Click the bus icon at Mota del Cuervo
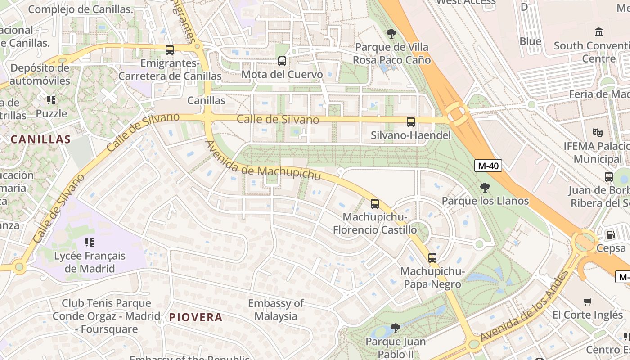click(282, 61)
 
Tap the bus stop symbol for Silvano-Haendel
click(410, 121)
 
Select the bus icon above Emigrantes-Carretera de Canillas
click(169, 50)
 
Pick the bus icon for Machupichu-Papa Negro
click(432, 258)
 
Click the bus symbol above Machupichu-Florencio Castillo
click(374, 204)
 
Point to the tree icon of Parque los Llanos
click(485, 187)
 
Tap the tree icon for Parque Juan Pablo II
click(395, 328)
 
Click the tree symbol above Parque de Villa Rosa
click(391, 33)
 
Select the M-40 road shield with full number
click(488, 166)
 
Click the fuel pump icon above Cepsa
click(611, 234)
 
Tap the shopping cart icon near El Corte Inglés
click(587, 301)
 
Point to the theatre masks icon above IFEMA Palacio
click(597, 133)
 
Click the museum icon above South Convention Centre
click(598, 32)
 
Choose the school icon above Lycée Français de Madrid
click(89, 243)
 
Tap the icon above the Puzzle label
click(51, 100)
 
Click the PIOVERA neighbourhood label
click(196, 317)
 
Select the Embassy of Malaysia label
click(276, 310)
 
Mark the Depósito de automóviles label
click(40, 75)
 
